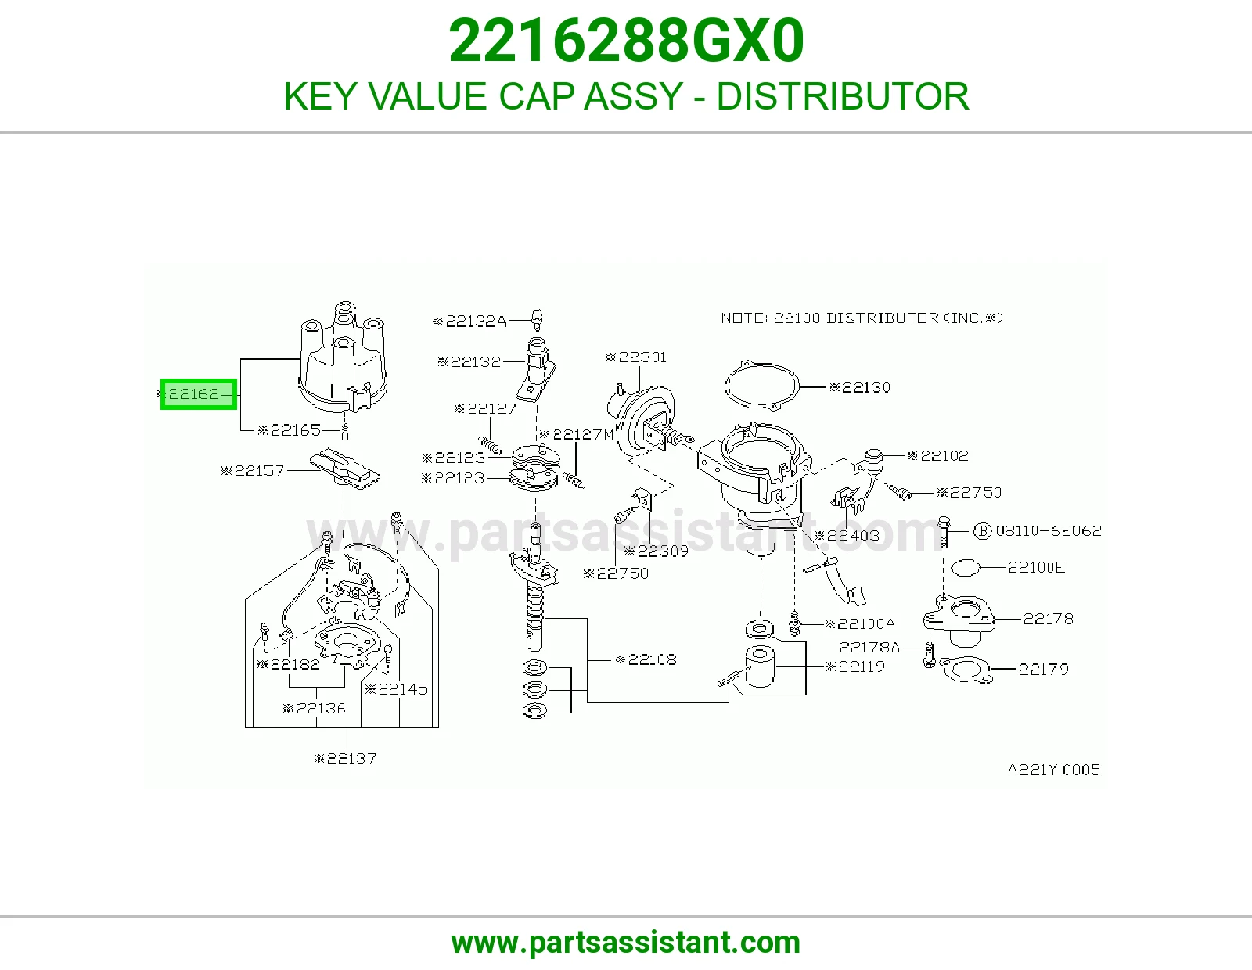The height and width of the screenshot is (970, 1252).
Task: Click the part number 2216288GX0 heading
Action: (626, 41)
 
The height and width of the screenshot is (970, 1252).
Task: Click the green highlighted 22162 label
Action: (198, 394)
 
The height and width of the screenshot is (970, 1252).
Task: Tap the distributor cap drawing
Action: (343, 357)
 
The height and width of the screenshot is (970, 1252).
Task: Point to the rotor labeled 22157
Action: (344, 469)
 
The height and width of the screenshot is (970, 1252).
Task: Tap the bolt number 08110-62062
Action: (1049, 530)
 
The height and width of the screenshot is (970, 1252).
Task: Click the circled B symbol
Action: (982, 530)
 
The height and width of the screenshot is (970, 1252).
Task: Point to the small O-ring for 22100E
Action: (966, 568)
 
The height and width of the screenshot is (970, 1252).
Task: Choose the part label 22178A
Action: (869, 648)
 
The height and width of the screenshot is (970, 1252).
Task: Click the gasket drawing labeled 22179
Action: (965, 670)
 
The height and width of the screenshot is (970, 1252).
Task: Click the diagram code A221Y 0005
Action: (1054, 770)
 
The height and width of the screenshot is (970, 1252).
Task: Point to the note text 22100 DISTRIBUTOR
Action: (855, 318)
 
